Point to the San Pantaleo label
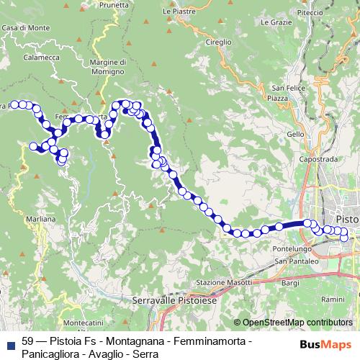tap(295, 261)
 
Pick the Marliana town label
tap(39, 217)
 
